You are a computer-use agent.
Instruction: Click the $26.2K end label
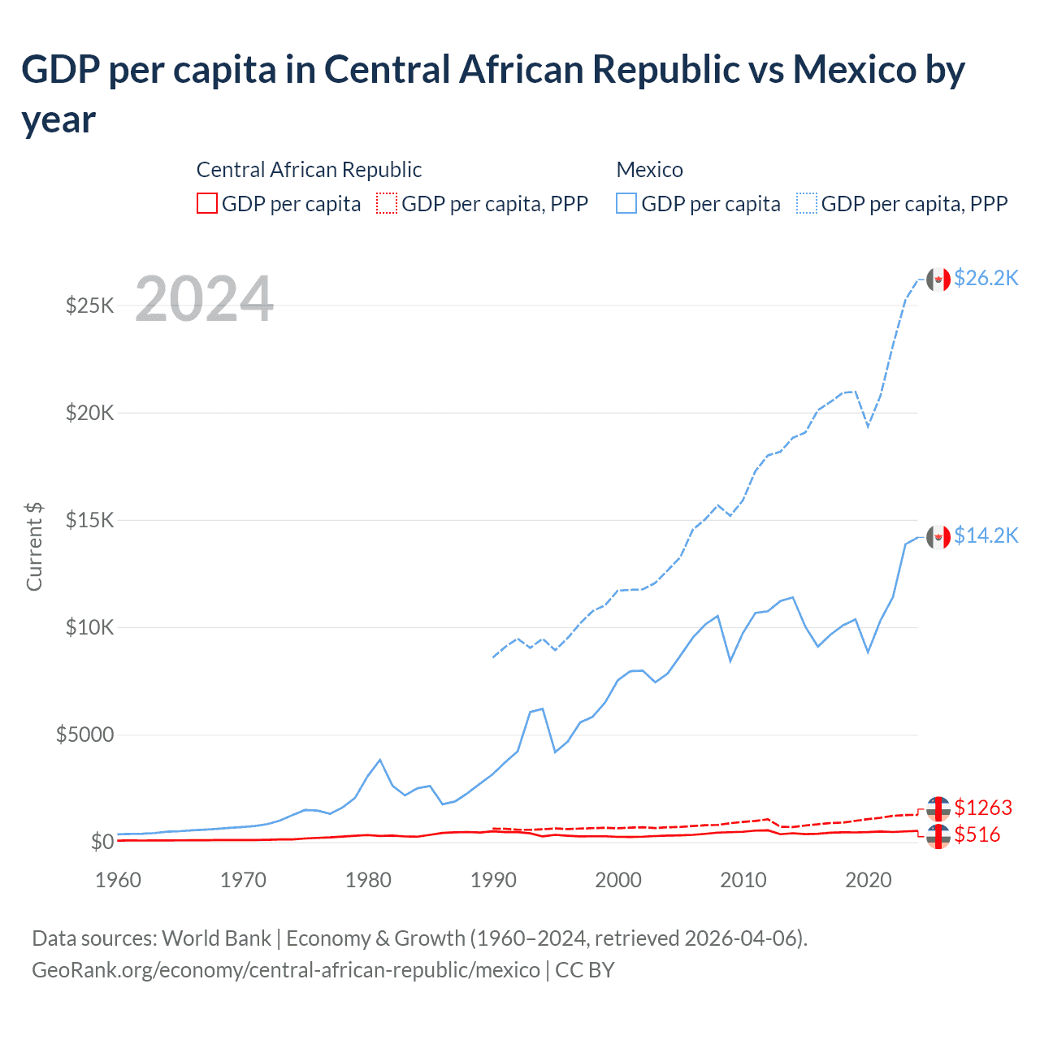(x=986, y=278)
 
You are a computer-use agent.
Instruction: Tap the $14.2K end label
(x=986, y=535)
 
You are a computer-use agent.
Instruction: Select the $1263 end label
(x=983, y=808)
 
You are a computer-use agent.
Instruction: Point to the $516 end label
(x=977, y=834)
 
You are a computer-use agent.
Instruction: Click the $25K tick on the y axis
(x=90, y=305)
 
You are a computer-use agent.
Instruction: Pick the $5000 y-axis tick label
(x=84, y=734)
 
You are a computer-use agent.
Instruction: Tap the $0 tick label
(x=102, y=842)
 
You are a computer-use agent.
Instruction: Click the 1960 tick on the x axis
(x=119, y=880)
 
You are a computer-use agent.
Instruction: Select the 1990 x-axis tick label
(x=493, y=880)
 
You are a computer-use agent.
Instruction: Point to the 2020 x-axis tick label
(x=869, y=880)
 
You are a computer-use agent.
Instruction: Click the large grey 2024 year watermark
(x=204, y=299)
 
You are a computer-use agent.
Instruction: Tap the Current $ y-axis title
(x=34, y=546)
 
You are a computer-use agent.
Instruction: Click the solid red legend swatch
(x=207, y=203)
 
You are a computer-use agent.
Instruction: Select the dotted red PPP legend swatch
(x=387, y=203)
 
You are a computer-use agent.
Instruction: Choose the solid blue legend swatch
(x=626, y=203)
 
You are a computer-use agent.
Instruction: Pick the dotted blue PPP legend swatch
(x=807, y=203)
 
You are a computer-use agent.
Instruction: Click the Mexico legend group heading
(x=649, y=170)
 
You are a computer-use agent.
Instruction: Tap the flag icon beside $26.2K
(x=938, y=279)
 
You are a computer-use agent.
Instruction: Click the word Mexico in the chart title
(x=855, y=70)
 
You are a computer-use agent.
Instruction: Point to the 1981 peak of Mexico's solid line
(x=380, y=760)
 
